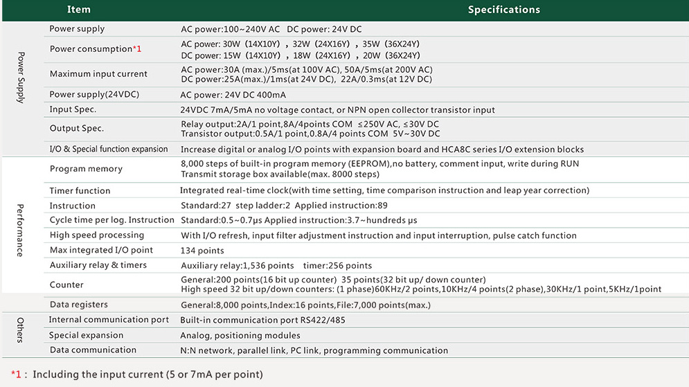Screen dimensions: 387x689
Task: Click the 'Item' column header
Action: click(x=79, y=10)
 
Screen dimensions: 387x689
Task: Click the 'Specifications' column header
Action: click(x=503, y=10)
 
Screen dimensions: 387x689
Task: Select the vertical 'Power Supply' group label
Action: click(x=21, y=78)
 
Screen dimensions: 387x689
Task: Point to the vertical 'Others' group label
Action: click(x=21, y=330)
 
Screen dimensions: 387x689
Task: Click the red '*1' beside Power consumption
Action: click(x=137, y=48)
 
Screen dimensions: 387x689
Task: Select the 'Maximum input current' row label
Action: click(x=98, y=74)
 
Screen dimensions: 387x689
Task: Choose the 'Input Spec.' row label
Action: click(x=73, y=109)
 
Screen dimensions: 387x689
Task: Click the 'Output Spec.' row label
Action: click(x=77, y=128)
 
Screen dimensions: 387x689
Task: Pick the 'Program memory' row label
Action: click(x=86, y=169)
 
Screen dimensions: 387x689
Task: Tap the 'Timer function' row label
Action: click(x=80, y=190)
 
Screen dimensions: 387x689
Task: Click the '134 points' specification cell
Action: click(x=202, y=251)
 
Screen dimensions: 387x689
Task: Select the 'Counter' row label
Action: click(x=66, y=285)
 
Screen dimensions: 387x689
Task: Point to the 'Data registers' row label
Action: click(x=79, y=305)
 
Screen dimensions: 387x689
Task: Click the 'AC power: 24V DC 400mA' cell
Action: click(x=233, y=95)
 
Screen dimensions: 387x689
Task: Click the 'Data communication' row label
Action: click(x=88, y=350)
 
